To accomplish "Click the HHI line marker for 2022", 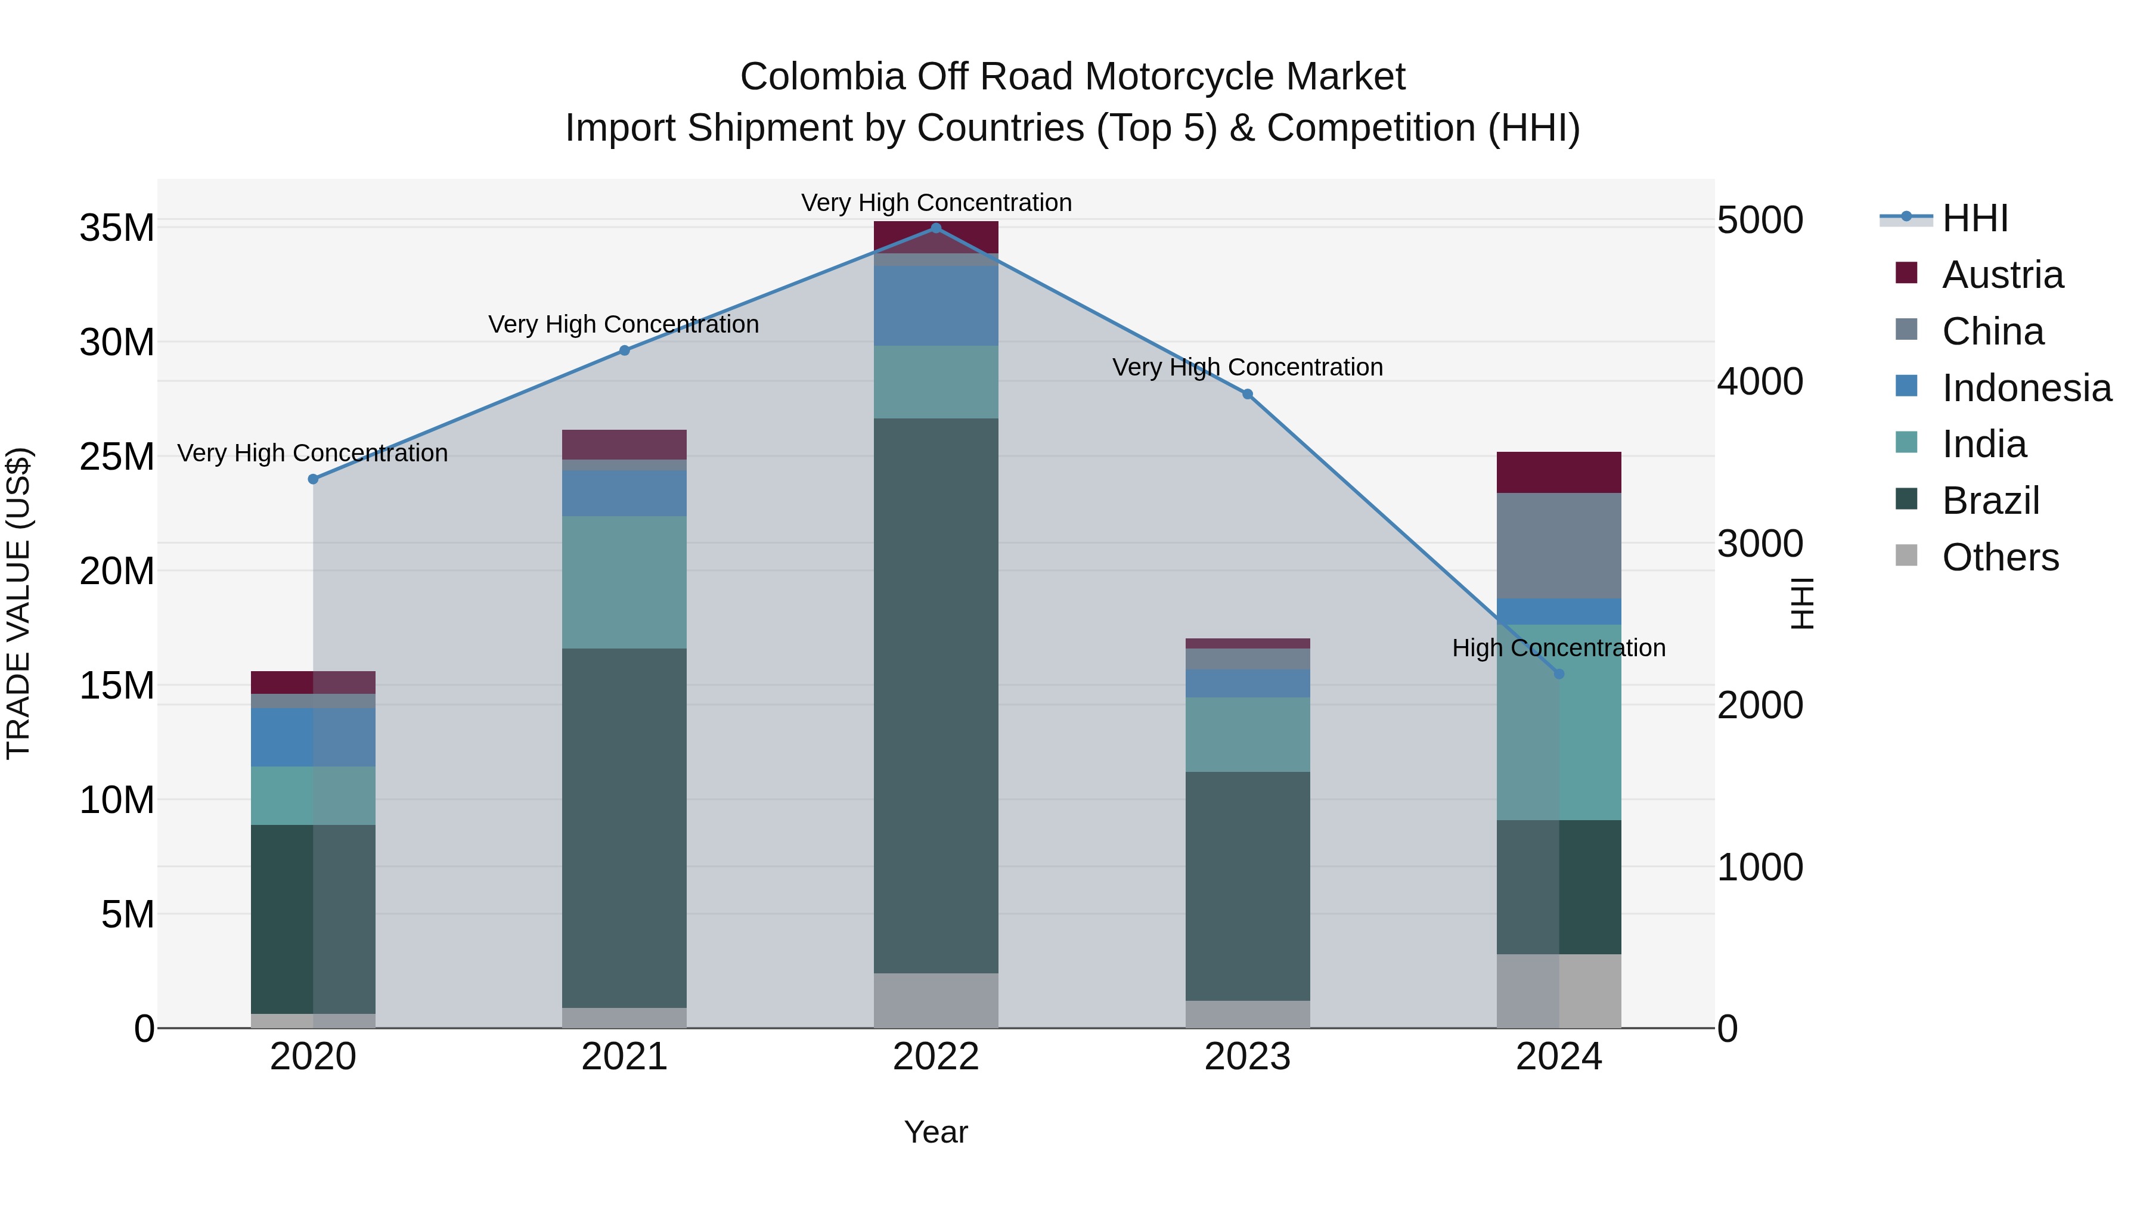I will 935,228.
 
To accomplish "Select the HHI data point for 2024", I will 1559,674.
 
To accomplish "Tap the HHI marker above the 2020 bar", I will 313,479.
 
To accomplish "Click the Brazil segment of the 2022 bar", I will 935,696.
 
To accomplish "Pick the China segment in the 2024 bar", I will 1559,545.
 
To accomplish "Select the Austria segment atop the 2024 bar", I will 1559,472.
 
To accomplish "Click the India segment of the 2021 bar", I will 624,582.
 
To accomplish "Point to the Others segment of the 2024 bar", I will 1559,991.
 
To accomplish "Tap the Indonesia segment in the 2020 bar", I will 313,737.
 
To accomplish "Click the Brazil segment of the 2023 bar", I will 1247,886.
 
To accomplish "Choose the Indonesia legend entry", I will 2026,388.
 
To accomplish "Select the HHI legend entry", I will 1974,218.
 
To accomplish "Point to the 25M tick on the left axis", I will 117,457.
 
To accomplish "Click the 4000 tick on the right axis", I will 1760,381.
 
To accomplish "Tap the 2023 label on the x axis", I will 1247,1057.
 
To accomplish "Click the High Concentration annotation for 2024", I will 1559,647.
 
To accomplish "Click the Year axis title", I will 935,1132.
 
